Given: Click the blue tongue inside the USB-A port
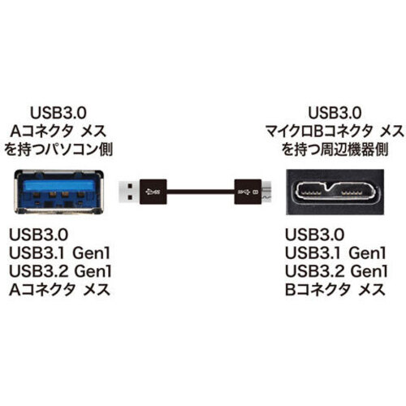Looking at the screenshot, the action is [59, 185].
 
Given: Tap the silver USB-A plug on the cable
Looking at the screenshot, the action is [129, 192].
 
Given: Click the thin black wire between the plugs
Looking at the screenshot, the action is [201, 192].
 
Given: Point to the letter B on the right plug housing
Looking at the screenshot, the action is [254, 192].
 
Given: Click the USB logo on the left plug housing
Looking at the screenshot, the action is [153, 192].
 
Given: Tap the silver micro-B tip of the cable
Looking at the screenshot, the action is [266, 192].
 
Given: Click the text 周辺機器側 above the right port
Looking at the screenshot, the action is [354, 149].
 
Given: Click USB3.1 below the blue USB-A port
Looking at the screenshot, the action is [37, 253].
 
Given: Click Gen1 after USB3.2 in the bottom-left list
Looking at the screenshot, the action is [93, 271].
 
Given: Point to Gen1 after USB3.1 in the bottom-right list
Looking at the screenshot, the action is [367, 253].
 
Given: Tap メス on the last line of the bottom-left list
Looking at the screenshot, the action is [96, 290].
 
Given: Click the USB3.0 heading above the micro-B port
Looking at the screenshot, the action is [335, 113].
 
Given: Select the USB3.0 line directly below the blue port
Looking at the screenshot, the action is [38, 235].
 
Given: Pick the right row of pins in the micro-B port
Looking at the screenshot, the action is [352, 192].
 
